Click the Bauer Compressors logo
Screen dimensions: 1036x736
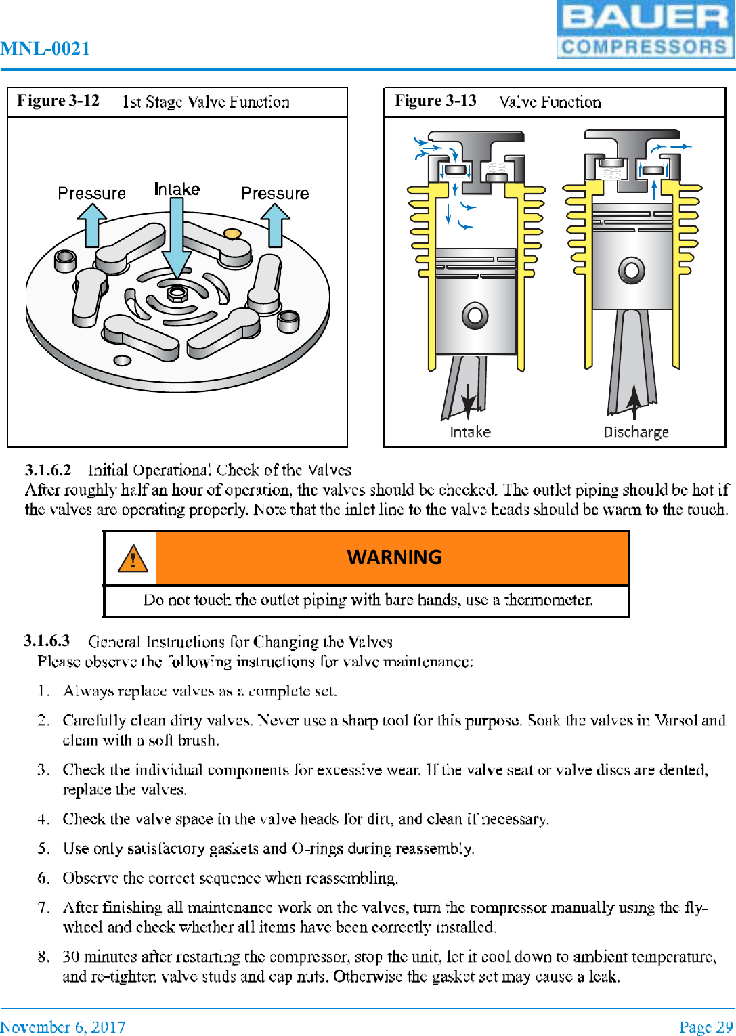[645, 30]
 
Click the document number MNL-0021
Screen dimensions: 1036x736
[45, 49]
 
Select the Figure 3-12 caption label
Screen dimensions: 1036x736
[58, 101]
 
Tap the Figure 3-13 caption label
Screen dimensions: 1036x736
[435, 101]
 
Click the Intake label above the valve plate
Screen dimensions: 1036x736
[177, 189]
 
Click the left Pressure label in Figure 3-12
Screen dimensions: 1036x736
[91, 194]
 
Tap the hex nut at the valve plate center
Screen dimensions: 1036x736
[177, 293]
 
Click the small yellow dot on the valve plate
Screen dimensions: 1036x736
[232, 234]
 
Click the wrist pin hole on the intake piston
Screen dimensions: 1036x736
[475, 315]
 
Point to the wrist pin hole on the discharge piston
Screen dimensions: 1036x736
[631, 271]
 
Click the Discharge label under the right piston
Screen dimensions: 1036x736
[636, 432]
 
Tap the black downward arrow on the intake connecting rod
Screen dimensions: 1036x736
[468, 400]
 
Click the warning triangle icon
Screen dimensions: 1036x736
[133, 559]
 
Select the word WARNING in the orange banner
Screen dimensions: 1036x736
[394, 557]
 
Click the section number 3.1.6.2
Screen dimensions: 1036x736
[48, 470]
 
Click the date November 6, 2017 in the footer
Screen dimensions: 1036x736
[63, 1027]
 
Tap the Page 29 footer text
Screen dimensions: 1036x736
[706, 1027]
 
